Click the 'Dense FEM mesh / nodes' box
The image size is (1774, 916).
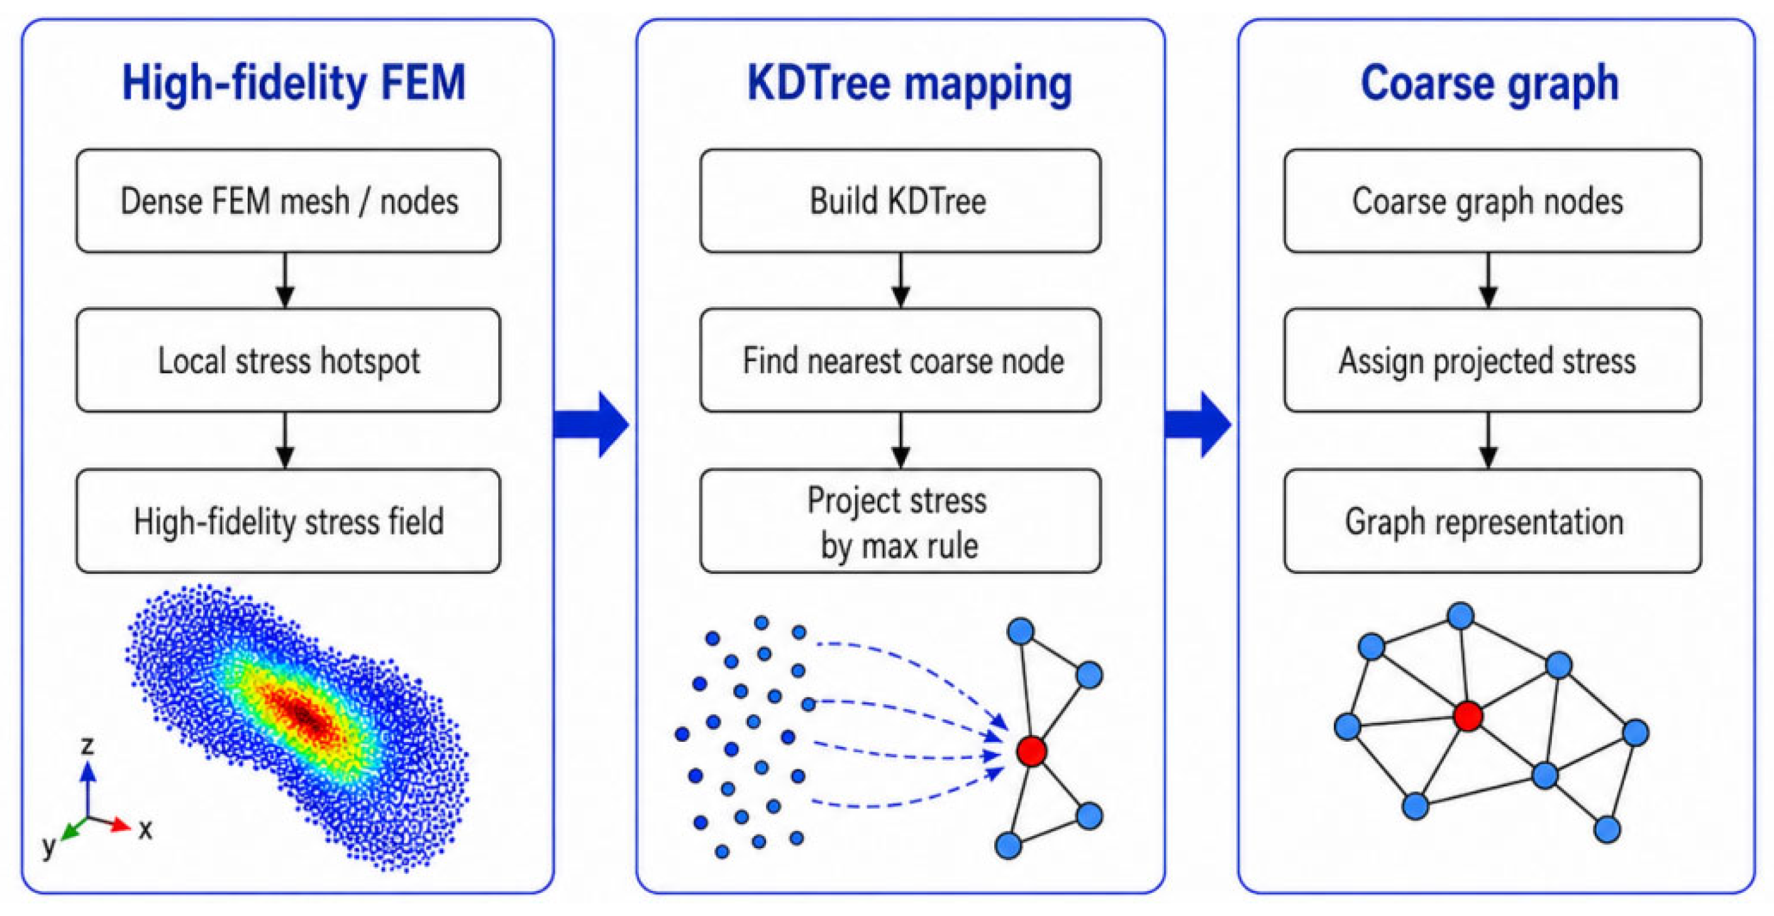tap(289, 201)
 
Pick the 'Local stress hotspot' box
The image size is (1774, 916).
tap(289, 360)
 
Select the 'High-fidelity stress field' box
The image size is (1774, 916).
tap(289, 521)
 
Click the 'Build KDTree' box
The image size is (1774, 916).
tap(900, 201)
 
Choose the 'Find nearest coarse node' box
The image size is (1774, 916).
tap(900, 360)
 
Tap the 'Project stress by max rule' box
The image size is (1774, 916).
tap(900, 521)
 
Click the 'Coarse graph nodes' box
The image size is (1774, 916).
tap(1493, 201)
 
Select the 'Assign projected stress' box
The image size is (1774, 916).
tap(1493, 360)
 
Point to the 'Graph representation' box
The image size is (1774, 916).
tap(1493, 521)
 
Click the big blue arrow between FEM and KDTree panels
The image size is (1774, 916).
tap(592, 424)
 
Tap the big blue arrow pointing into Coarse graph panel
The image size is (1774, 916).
tap(1198, 424)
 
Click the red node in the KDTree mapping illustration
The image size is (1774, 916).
tap(1031, 751)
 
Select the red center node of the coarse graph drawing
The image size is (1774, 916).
tap(1468, 716)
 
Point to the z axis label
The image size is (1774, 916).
tap(87, 746)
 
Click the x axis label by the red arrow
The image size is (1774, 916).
tap(145, 829)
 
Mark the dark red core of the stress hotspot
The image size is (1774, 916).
tap(306, 716)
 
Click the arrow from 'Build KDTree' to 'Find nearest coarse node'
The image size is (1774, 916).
tap(900, 280)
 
